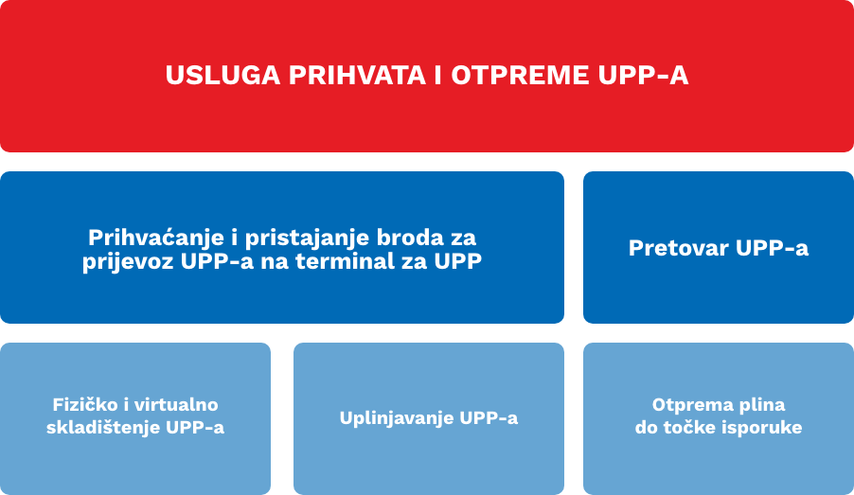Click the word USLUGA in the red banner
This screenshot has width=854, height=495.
222,75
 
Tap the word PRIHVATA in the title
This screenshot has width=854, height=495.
357,75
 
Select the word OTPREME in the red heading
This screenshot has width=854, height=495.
520,75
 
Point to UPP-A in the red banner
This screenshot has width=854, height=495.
643,75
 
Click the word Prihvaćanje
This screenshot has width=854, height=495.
156,238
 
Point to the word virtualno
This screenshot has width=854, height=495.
175,404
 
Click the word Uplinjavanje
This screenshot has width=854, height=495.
396,418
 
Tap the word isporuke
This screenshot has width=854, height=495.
760,428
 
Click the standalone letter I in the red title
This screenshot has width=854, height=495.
438,75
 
